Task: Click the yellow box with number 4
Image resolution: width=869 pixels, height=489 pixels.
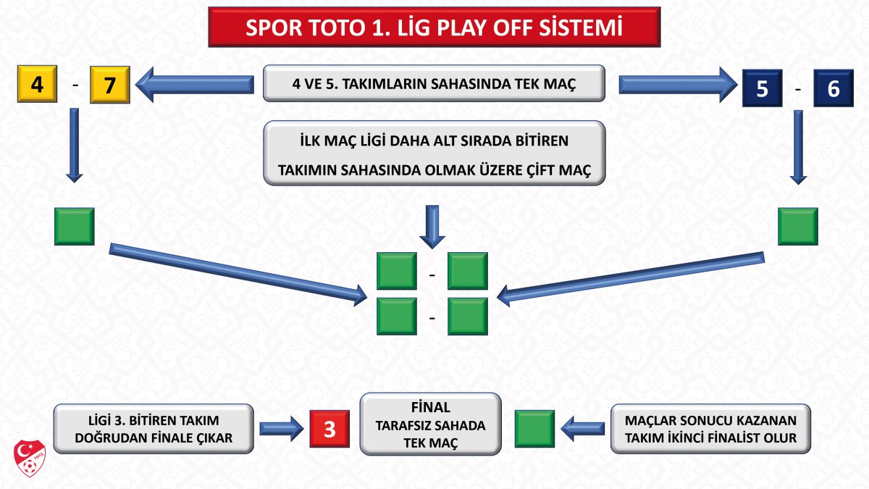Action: click(x=37, y=85)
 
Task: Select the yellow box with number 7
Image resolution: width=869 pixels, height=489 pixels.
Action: click(x=109, y=85)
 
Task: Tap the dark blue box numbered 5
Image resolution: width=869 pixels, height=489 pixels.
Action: click(x=761, y=88)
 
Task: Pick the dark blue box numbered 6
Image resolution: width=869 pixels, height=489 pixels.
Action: click(x=833, y=88)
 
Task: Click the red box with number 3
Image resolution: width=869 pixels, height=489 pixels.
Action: click(x=329, y=428)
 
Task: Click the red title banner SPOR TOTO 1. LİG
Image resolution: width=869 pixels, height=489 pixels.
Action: click(x=434, y=27)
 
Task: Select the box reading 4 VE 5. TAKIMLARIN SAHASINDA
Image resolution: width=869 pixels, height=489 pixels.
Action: click(x=434, y=84)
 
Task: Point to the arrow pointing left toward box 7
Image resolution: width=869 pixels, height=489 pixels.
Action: click(x=196, y=84)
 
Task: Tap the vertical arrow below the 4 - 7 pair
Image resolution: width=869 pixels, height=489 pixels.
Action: click(x=74, y=145)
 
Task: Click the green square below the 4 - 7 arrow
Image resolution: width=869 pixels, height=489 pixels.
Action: click(x=74, y=226)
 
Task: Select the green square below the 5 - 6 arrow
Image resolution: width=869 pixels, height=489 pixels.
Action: click(x=797, y=226)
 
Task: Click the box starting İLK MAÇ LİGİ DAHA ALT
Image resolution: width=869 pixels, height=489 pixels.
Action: click(x=434, y=153)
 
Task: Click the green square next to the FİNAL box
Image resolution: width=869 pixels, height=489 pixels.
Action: click(x=534, y=428)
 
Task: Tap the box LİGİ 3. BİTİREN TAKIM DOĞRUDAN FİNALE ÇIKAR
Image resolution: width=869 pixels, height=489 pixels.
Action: click(x=154, y=429)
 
